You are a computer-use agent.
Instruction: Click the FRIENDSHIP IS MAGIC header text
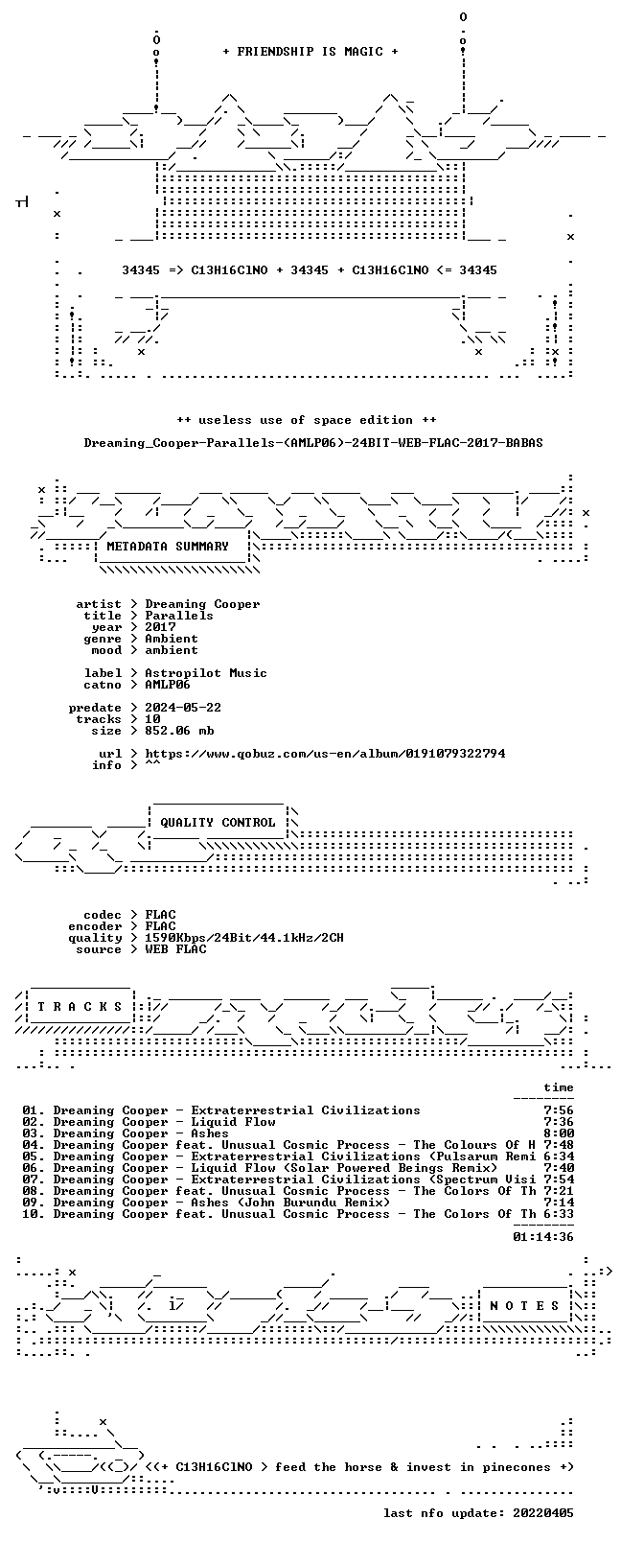click(310, 52)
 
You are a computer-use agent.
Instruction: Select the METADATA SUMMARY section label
click(168, 547)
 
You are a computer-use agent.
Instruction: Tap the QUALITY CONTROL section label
click(218, 823)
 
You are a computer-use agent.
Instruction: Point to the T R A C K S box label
click(80, 1007)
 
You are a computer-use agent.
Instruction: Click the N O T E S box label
click(525, 1306)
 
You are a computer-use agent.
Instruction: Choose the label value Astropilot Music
click(206, 673)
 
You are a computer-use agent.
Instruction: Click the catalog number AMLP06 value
click(168, 685)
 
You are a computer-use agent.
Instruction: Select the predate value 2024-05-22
click(183, 708)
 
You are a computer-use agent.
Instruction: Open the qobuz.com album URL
click(325, 754)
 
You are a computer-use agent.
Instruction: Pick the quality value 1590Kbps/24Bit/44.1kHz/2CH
click(244, 938)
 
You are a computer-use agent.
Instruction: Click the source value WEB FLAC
click(175, 949)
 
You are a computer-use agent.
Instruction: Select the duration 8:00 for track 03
click(559, 1133)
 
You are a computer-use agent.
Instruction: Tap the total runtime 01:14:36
click(543, 1237)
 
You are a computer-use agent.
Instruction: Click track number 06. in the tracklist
click(34, 1167)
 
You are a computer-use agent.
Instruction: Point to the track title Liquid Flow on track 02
click(233, 1122)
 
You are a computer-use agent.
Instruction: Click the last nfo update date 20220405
click(543, 1513)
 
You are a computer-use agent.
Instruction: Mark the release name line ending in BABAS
click(313, 443)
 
